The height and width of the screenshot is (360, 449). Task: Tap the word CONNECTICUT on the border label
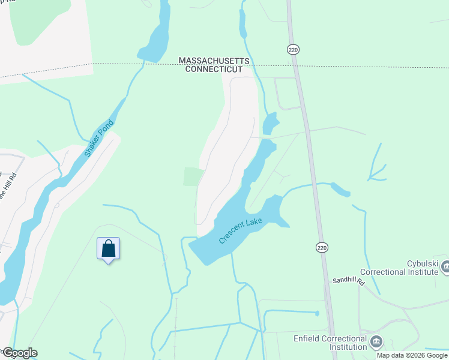tap(209, 70)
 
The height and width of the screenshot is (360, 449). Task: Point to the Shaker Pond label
tap(99, 139)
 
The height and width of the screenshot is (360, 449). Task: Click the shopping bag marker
tap(109, 248)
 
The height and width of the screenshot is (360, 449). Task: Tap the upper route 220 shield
tap(292, 50)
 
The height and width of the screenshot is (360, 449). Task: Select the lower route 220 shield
tap(322, 247)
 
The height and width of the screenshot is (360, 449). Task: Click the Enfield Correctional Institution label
tap(330, 343)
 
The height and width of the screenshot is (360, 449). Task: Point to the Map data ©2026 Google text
tap(412, 355)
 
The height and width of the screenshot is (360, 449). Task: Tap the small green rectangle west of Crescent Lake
tap(193, 176)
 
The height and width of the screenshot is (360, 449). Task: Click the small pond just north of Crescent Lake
tap(271, 123)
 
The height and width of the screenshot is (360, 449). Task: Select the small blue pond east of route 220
tap(340, 190)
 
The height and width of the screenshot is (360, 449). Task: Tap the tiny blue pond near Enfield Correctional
tap(316, 313)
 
